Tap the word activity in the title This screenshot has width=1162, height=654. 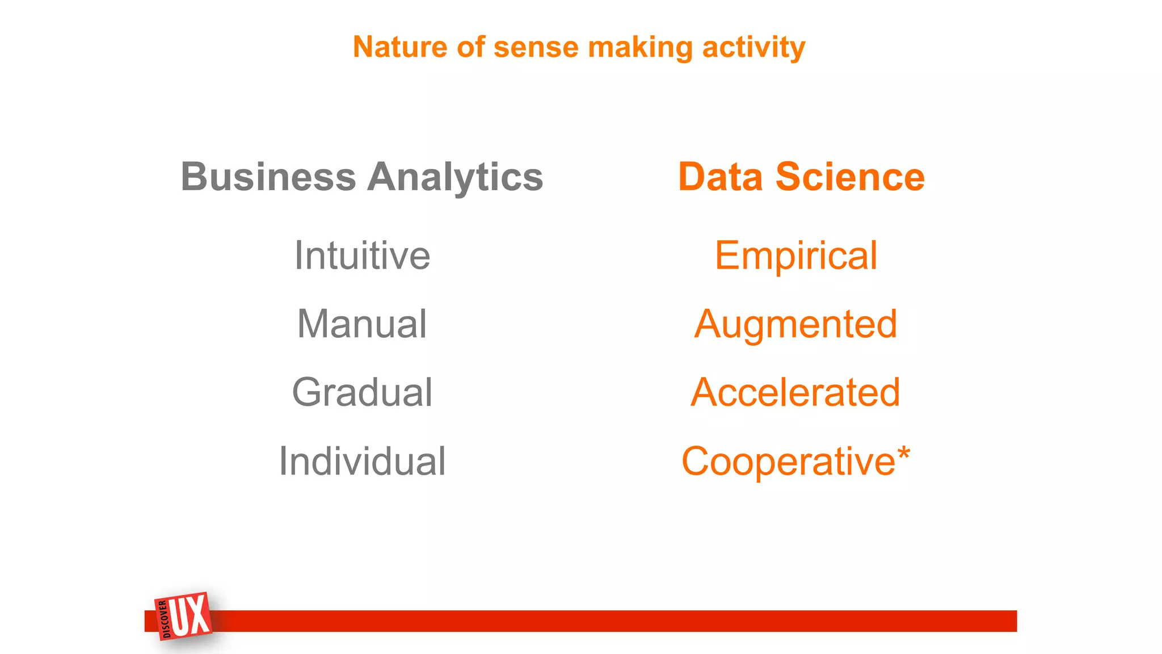point(753,48)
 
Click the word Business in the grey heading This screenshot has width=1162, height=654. point(268,177)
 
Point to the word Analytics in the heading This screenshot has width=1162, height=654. point(455,178)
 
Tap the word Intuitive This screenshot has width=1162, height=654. point(362,255)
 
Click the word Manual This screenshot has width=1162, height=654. point(362,324)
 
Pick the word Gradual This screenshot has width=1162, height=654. point(362,393)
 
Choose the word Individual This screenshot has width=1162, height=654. point(362,461)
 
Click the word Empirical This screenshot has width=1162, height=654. point(795,256)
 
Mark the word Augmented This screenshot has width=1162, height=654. point(795,325)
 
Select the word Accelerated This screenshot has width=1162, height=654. point(795,392)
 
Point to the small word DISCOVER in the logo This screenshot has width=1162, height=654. point(165,619)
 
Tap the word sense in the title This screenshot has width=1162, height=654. point(536,48)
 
